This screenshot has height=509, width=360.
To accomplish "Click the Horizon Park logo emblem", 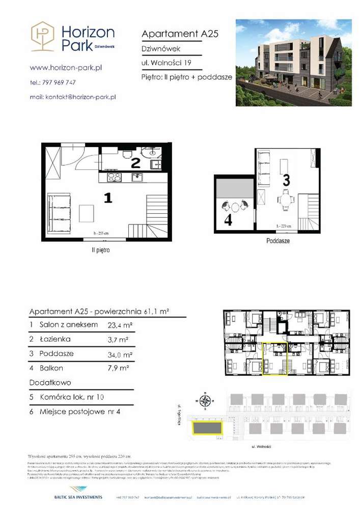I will point(43,36).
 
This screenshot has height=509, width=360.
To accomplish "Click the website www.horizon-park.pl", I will point(66,67).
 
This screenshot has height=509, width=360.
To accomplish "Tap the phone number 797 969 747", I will point(59,82).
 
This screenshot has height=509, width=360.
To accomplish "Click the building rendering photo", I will point(293,63).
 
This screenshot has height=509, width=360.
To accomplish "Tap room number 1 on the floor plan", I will point(107,198).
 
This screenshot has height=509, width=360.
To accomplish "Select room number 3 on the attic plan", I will point(286,180).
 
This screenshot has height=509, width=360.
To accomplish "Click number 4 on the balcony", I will point(228,220).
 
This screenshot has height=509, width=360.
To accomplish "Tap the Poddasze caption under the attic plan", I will point(278,241).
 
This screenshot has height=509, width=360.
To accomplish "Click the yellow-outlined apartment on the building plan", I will point(275,359).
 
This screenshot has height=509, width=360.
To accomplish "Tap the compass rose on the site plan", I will point(205,402).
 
